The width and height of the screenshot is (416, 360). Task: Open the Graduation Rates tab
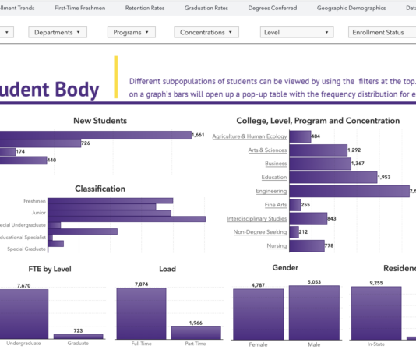pos(206,7)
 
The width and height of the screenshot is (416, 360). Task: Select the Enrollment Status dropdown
pos(382,33)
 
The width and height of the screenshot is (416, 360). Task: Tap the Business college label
pos(276,164)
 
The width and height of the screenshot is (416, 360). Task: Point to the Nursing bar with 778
pos(306,245)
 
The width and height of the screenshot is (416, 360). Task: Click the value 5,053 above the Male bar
pos(314,281)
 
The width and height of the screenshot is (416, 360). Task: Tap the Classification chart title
pos(100,189)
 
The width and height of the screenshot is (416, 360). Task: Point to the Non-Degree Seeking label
pos(260,232)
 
